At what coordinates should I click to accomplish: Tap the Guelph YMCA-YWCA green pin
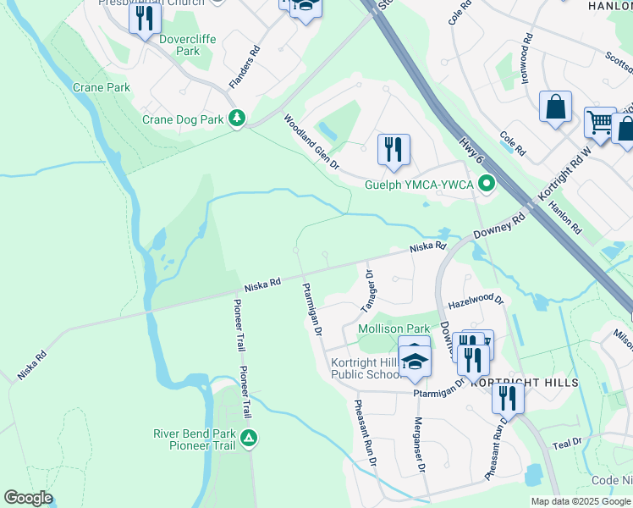(x=486, y=183)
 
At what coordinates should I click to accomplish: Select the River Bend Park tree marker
(x=249, y=438)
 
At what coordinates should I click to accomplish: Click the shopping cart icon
(x=599, y=123)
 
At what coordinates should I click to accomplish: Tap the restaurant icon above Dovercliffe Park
(x=145, y=18)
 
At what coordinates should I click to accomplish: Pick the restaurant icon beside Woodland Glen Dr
(x=394, y=150)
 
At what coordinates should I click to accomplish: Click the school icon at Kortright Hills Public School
(x=415, y=362)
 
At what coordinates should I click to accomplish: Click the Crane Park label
(x=102, y=87)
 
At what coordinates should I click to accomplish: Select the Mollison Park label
(x=394, y=328)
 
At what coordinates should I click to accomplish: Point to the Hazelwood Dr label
(x=476, y=301)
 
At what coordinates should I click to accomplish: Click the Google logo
(x=28, y=497)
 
